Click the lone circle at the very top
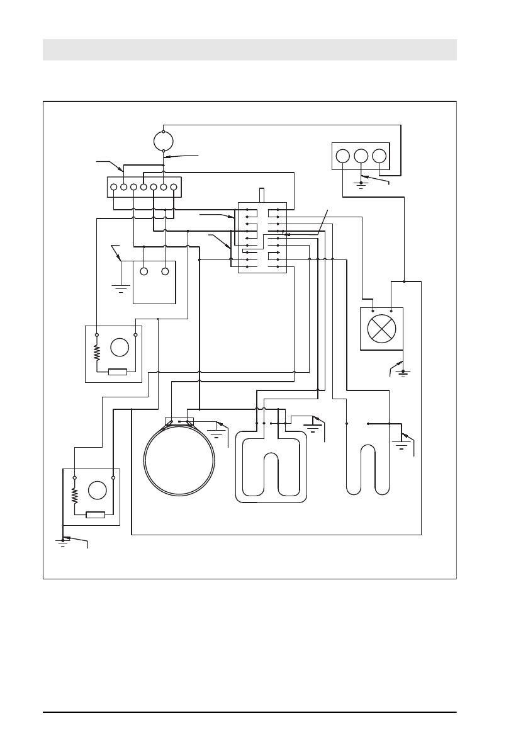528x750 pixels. [164, 141]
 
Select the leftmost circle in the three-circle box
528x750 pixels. [342, 156]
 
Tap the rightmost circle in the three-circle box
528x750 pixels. [379, 156]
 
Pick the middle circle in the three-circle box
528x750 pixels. [361, 156]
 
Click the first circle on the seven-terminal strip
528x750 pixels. [114, 187]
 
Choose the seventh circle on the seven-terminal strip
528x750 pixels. [173, 187]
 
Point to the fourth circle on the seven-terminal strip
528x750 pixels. [143, 187]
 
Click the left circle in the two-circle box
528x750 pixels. [143, 271]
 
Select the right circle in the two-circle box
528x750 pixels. [165, 271]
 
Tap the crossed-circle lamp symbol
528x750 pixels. [381, 329]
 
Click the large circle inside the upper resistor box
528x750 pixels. [120, 347]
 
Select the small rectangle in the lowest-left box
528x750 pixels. [95, 514]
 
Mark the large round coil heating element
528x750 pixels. [179, 460]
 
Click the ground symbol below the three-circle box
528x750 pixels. [361, 185]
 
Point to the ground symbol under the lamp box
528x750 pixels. [403, 373]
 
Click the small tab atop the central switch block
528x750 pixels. [262, 195]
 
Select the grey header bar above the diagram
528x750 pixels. [249, 50]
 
